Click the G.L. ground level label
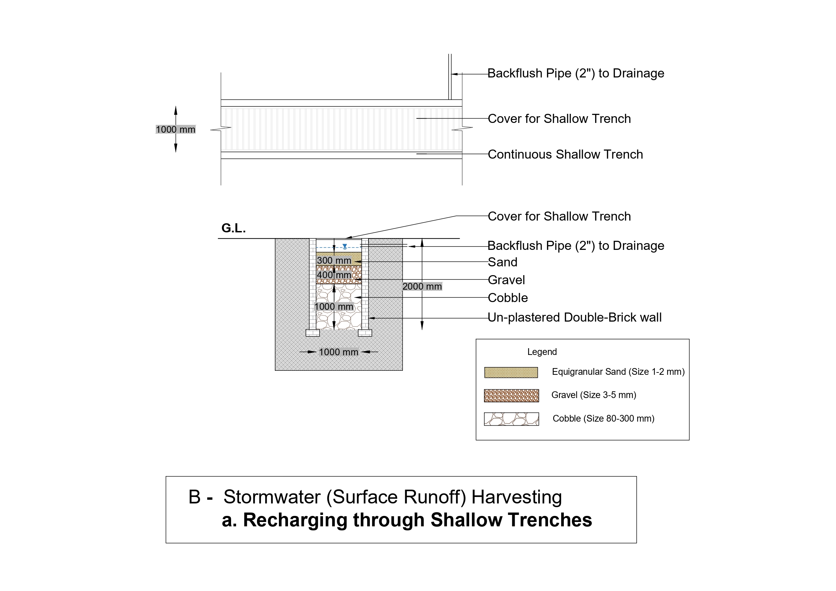click(233, 228)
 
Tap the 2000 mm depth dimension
click(422, 287)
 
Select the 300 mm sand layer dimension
click(334, 261)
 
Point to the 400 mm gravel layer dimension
click(334, 275)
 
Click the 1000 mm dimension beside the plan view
click(175, 130)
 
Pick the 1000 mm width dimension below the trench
click(339, 352)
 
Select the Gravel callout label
click(506, 280)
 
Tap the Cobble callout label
click(508, 298)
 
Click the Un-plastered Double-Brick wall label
click(575, 318)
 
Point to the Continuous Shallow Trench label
click(565, 154)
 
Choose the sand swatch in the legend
click(511, 372)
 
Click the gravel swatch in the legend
click(511, 396)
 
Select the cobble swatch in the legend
click(511, 419)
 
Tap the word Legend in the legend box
click(542, 352)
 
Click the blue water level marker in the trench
click(345, 247)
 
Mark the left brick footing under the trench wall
click(313, 333)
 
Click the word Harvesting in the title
click(516, 497)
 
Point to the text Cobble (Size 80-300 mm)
click(603, 419)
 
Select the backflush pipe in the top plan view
click(450, 77)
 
